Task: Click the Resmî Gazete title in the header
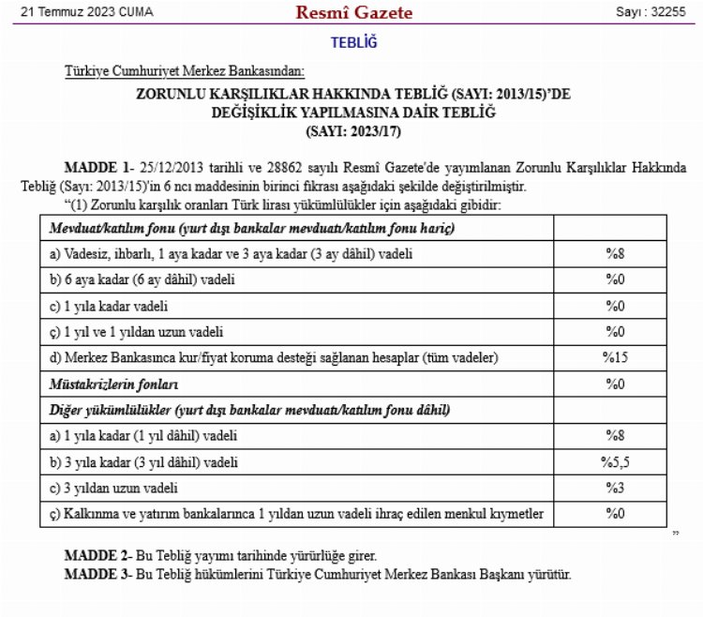tap(353, 13)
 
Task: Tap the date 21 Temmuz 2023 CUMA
tap(85, 13)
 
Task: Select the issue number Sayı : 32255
tap(651, 13)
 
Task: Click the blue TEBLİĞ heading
tap(353, 42)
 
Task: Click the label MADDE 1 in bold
tap(97, 167)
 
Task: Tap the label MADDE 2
tap(97, 555)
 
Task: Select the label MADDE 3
tap(97, 573)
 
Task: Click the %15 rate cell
tap(614, 358)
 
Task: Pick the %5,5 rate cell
tap(614, 462)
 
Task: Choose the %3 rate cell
tap(614, 489)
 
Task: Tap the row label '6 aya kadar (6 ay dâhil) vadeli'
tap(142, 279)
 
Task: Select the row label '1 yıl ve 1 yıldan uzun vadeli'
tap(137, 332)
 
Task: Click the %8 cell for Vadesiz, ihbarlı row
tap(614, 253)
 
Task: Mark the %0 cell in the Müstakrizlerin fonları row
tap(614, 384)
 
